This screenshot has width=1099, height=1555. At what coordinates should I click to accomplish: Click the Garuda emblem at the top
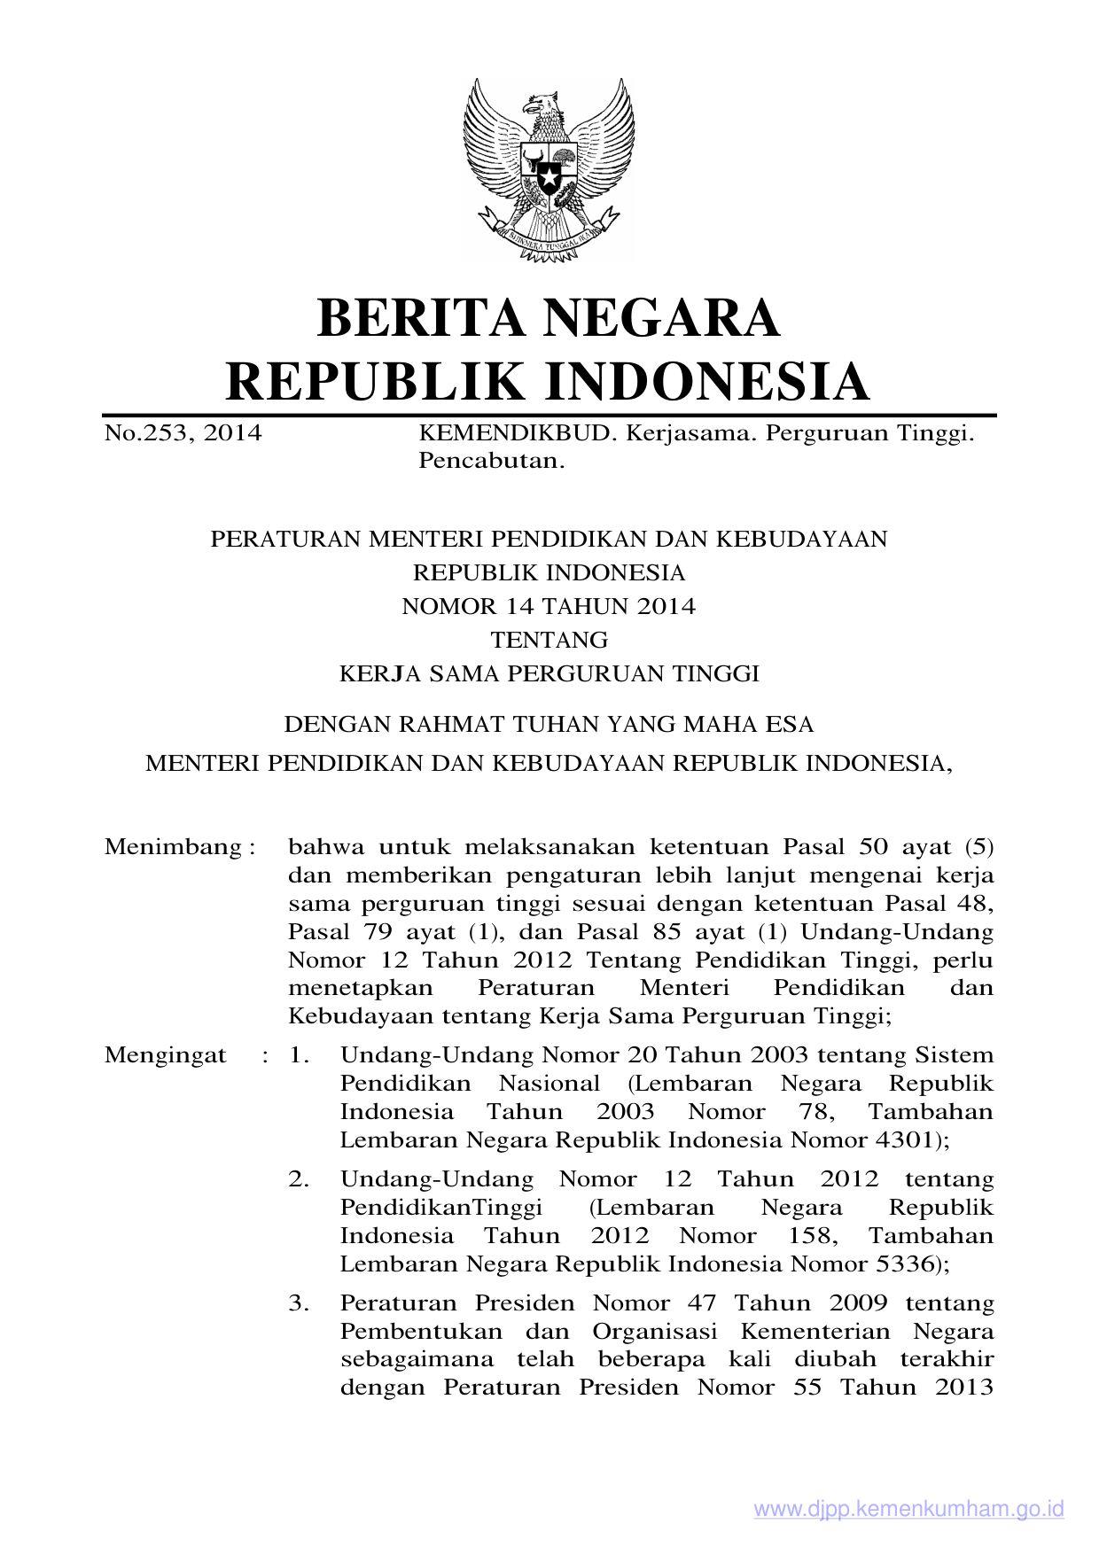(549, 168)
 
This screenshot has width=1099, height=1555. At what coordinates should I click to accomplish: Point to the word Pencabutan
(491, 461)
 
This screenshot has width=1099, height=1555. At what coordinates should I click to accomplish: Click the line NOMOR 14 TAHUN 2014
(549, 606)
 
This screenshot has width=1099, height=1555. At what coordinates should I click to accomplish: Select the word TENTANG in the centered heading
(549, 640)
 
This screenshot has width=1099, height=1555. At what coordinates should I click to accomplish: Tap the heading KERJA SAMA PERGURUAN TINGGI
(549, 673)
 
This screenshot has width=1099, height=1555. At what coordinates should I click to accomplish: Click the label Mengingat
(165, 1055)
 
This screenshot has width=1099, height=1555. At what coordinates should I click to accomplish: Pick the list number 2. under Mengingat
(299, 1179)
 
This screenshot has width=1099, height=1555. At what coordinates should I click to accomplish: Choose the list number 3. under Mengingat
(299, 1303)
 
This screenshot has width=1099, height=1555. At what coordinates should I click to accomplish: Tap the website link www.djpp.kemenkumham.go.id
(908, 1509)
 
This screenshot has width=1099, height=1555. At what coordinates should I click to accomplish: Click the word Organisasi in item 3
(654, 1332)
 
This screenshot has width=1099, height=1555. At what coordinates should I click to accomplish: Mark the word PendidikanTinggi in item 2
(440, 1208)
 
